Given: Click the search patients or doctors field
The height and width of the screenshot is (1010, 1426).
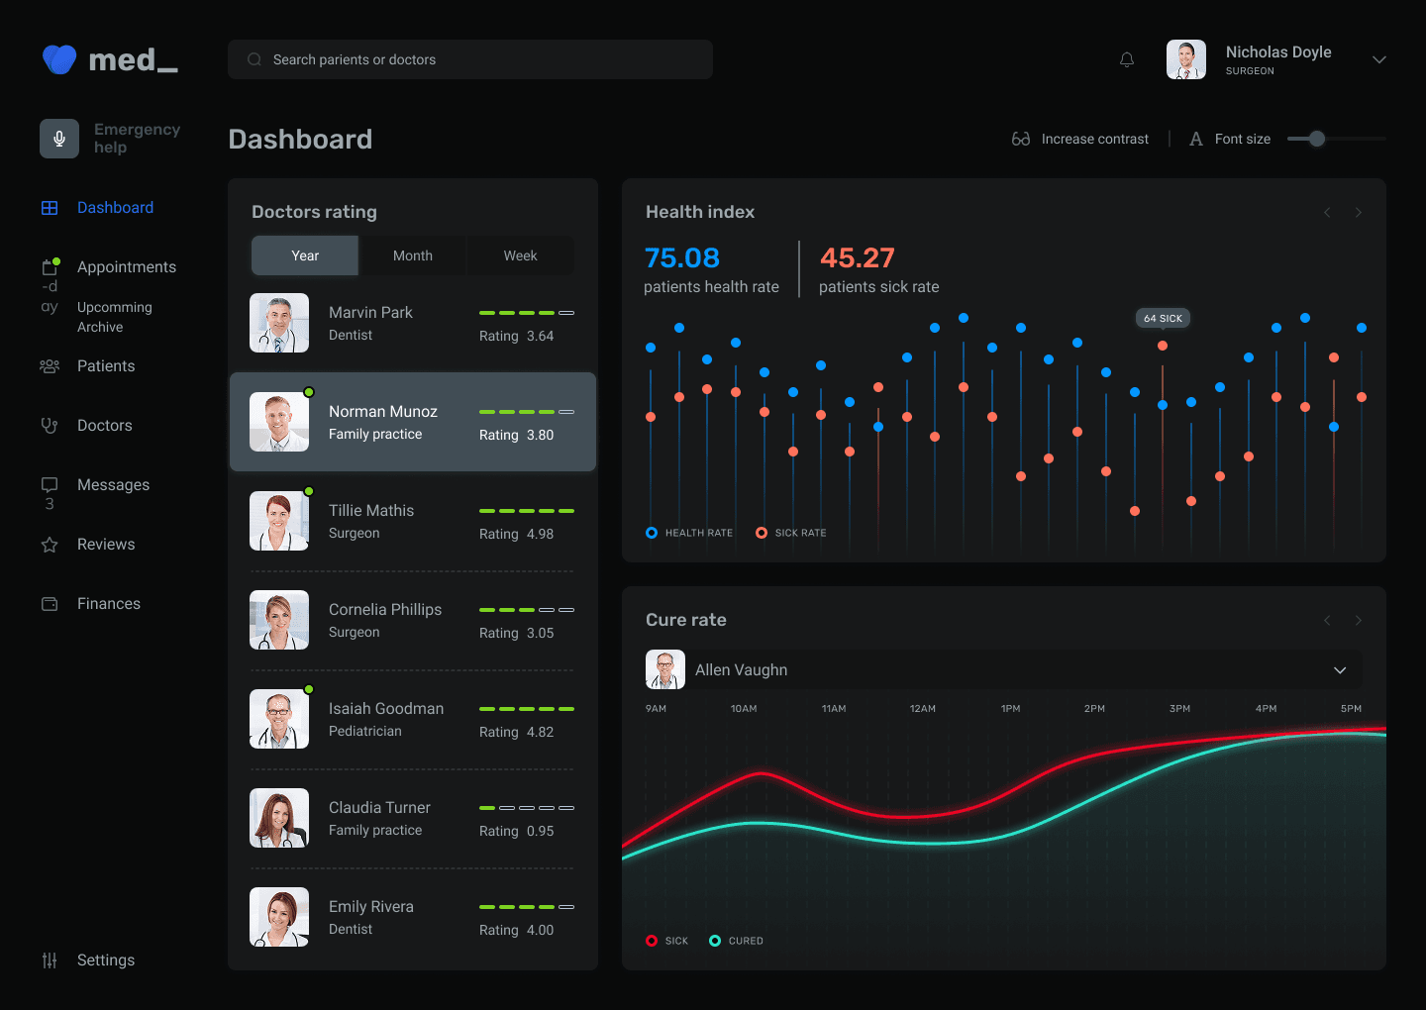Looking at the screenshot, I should click(469, 59).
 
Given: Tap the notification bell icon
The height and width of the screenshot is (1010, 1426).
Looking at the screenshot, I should click(1127, 60).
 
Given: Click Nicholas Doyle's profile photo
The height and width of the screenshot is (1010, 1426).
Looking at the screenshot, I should click(1185, 59).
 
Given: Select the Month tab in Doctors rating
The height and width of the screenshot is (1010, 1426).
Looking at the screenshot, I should click(412, 255).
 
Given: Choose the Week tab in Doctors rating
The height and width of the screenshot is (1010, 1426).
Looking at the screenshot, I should click(520, 255).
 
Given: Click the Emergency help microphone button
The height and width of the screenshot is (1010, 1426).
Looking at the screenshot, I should click(59, 139).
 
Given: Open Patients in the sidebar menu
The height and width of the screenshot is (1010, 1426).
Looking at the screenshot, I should click(106, 366).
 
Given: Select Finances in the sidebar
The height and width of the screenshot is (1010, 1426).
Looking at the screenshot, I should click(109, 604).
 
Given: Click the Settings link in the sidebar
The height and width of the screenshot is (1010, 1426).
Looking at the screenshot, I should click(106, 960).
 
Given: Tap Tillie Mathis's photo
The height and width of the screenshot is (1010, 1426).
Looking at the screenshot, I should click(279, 521).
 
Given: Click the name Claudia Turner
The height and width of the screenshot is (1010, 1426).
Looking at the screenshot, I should click(379, 808).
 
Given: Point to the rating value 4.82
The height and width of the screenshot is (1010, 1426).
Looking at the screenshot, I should click(540, 733).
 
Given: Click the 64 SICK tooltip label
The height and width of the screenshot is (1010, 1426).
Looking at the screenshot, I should click(1163, 318).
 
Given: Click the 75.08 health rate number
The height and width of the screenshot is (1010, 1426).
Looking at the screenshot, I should click(682, 258).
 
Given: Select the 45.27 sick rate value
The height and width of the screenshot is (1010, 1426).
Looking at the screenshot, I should click(858, 258).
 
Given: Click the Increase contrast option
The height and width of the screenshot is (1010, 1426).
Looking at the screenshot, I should click(1094, 140).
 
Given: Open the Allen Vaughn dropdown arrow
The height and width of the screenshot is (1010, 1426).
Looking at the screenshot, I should click(1340, 670).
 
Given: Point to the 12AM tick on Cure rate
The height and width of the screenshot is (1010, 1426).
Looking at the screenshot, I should click(923, 709).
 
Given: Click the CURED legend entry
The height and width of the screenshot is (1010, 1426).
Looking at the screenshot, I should click(745, 941).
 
